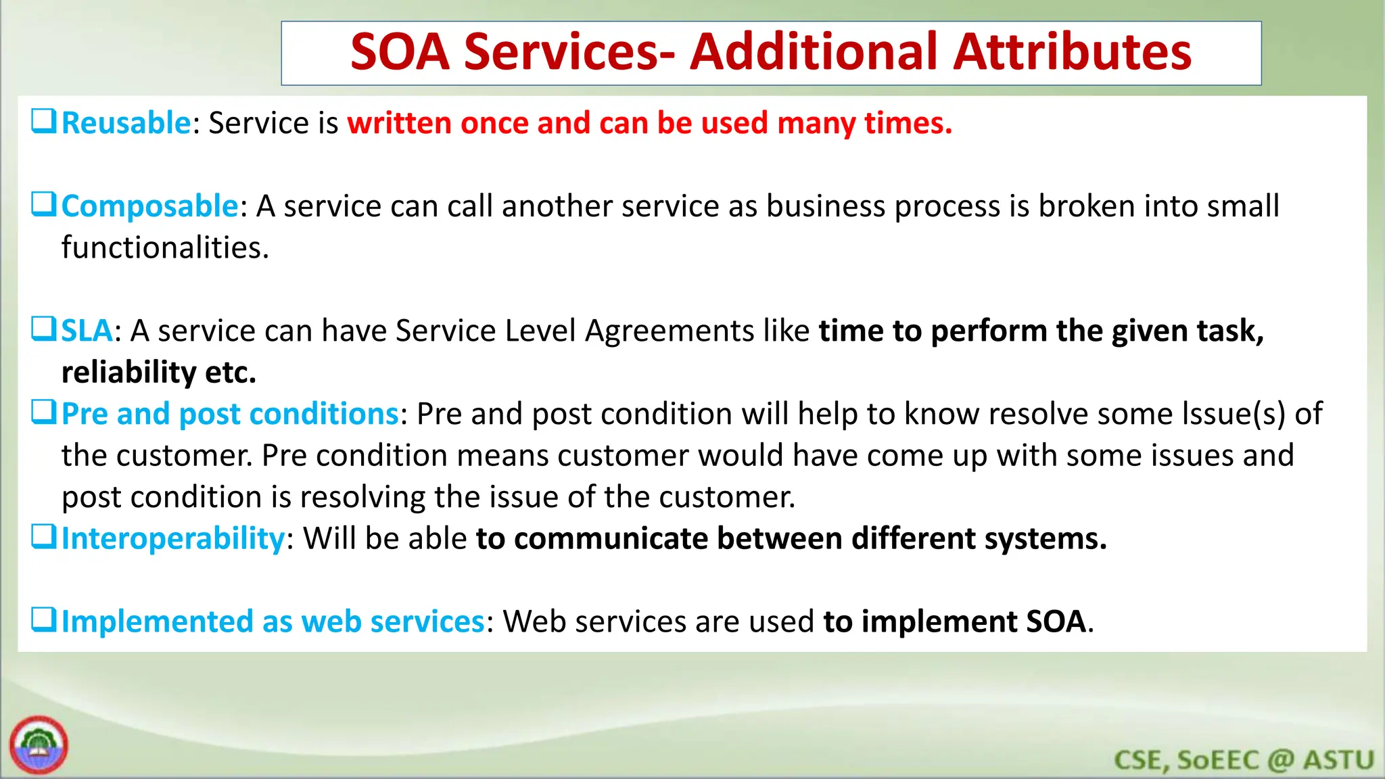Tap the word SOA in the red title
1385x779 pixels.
point(400,53)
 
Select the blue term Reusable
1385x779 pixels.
point(126,123)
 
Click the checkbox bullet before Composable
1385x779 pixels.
point(43,204)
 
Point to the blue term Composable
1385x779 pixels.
point(149,206)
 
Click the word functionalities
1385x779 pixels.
point(165,247)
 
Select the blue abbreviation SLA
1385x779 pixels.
point(87,331)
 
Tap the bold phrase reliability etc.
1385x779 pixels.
point(159,373)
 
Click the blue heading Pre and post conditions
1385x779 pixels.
point(230,414)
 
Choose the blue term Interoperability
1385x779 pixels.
point(173,539)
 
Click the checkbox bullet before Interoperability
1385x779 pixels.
point(43,537)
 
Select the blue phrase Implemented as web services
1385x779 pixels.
point(273,621)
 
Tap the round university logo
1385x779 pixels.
point(39,745)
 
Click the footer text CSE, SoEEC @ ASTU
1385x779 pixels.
point(1244,760)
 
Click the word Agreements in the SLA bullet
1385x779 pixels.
point(670,331)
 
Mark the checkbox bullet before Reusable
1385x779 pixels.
point(43,121)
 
